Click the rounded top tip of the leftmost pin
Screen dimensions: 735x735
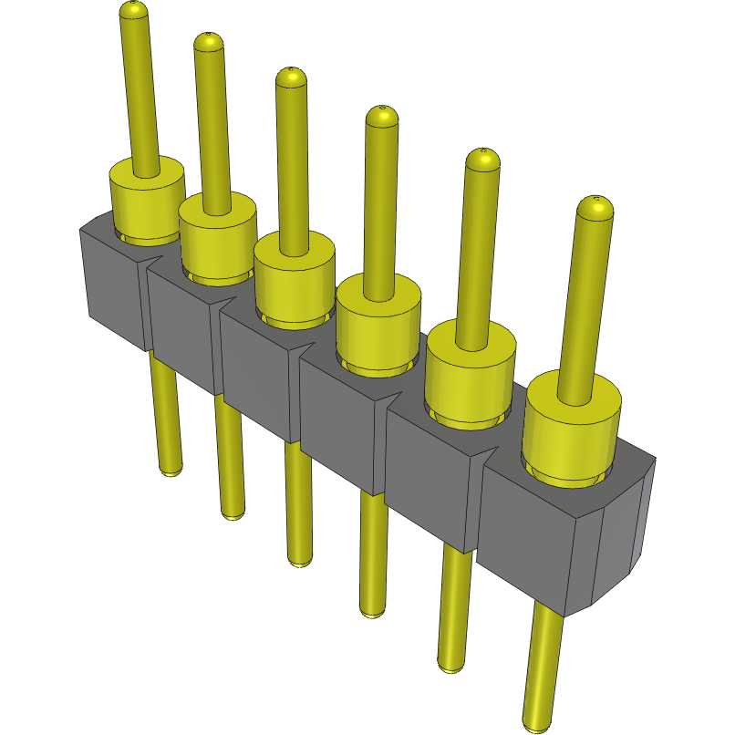click(x=133, y=10)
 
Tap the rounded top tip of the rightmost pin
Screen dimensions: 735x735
click(x=595, y=207)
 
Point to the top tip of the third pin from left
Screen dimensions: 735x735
click(x=292, y=78)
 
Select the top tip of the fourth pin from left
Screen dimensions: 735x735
click(x=382, y=117)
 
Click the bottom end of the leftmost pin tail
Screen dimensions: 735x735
click(x=170, y=469)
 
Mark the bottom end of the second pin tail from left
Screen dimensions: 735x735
click(x=233, y=512)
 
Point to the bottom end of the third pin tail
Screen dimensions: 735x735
click(x=299, y=560)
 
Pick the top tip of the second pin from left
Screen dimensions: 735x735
click(x=209, y=40)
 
